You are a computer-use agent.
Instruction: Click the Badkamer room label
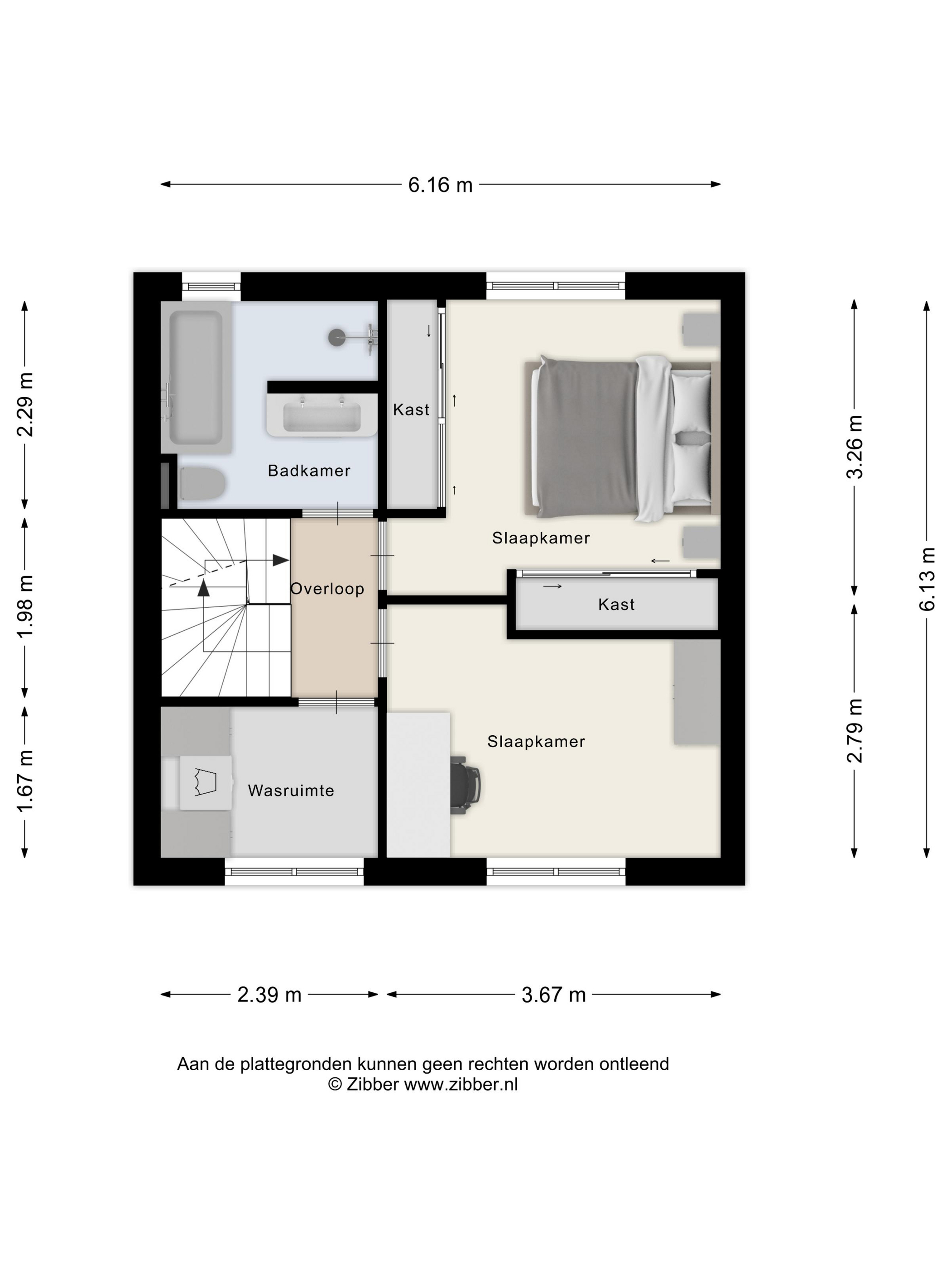click(x=308, y=471)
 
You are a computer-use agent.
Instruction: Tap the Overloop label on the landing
click(x=327, y=589)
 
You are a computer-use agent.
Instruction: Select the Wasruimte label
click(x=291, y=791)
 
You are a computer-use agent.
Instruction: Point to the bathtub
click(x=196, y=377)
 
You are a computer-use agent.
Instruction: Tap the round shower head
click(x=337, y=338)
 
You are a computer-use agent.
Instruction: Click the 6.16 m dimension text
click(x=440, y=185)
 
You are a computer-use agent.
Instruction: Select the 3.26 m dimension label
click(x=854, y=446)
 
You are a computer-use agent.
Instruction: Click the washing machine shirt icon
click(x=205, y=782)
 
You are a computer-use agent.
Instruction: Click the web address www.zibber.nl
click(x=461, y=1084)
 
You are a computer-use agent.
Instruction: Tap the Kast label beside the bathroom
click(x=411, y=410)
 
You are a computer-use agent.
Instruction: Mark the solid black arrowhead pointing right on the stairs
click(x=281, y=560)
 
